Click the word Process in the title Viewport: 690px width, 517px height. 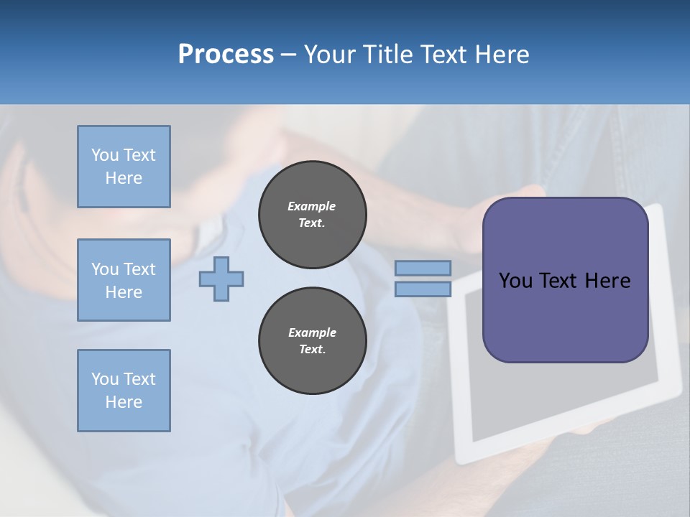(226, 55)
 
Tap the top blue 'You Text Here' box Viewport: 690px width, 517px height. (124, 167)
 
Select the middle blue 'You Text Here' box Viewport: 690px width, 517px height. (124, 280)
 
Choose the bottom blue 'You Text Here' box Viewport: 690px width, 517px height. (124, 391)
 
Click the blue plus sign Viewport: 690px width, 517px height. (221, 279)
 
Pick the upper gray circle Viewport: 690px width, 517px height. (313, 215)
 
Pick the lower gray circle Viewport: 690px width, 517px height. (313, 341)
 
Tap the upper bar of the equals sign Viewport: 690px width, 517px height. (423, 269)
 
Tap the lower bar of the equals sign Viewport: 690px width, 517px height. (423, 289)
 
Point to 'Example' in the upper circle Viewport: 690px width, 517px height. (312, 206)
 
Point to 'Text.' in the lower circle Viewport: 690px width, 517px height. (312, 350)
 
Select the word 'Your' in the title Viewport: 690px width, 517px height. (330, 55)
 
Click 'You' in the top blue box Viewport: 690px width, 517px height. (105, 155)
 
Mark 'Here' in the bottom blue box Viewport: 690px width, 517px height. (124, 402)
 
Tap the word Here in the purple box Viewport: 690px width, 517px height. (607, 281)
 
